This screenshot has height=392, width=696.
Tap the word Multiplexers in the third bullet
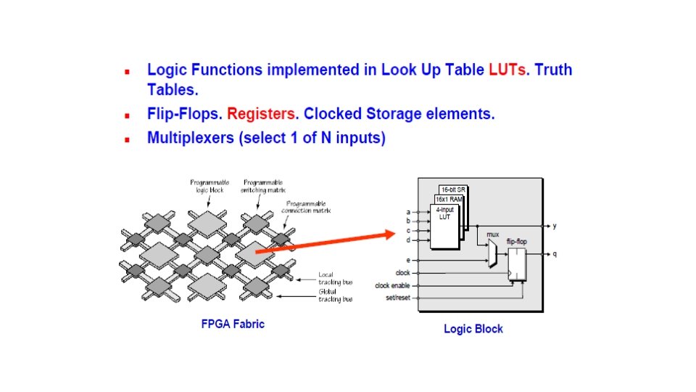coord(190,138)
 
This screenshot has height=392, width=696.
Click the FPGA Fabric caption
coord(233,324)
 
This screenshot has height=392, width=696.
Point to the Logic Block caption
coord(473,329)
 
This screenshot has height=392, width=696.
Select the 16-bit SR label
coord(453,189)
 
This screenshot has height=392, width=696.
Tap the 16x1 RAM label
coord(447,199)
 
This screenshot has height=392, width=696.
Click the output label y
coord(555,226)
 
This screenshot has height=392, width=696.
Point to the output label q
coord(555,254)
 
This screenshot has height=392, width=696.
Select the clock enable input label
coord(392,285)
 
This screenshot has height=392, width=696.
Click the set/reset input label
coord(397,297)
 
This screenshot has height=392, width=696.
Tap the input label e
coord(408,259)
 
